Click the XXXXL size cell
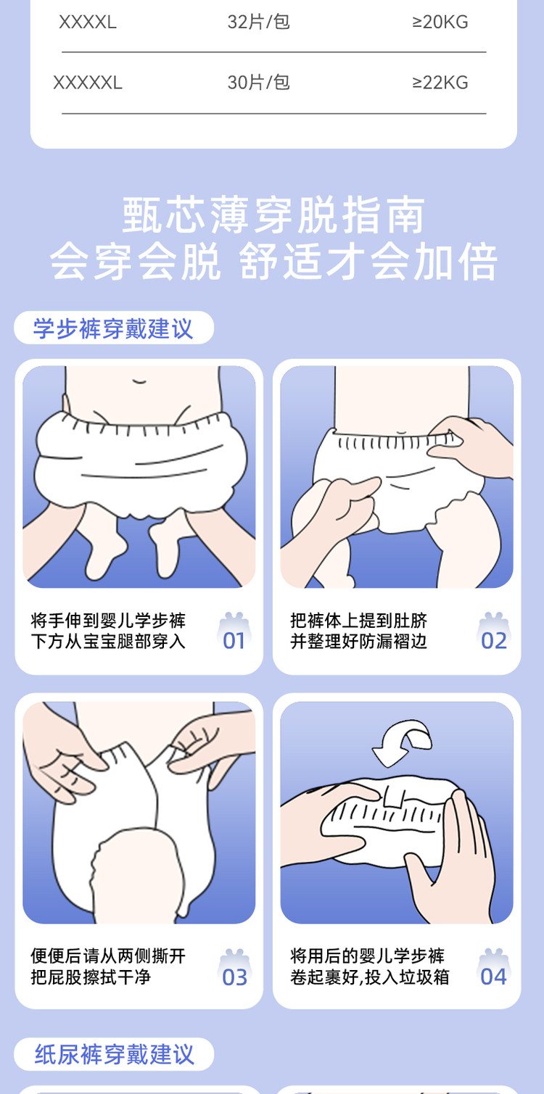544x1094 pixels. (x=88, y=22)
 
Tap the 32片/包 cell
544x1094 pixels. (x=258, y=22)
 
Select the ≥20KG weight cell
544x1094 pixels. (x=440, y=22)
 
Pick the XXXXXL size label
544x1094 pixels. (x=88, y=83)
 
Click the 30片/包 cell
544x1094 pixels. (x=258, y=82)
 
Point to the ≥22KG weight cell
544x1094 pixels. (x=440, y=83)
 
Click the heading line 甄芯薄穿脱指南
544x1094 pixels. (x=273, y=215)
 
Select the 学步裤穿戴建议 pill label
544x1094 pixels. (x=113, y=328)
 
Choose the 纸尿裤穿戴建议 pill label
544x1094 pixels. (x=113, y=1054)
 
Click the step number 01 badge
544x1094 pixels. (x=234, y=632)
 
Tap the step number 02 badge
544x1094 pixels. (x=494, y=632)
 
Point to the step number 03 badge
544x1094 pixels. (x=234, y=969)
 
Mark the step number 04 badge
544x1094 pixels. (x=494, y=969)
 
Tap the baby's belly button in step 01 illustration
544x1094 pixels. (x=139, y=381)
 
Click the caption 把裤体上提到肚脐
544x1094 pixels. (x=359, y=621)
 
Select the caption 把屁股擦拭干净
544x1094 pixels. (x=91, y=977)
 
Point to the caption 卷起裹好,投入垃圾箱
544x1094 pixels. (x=369, y=977)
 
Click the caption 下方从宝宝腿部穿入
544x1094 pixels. (x=108, y=642)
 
